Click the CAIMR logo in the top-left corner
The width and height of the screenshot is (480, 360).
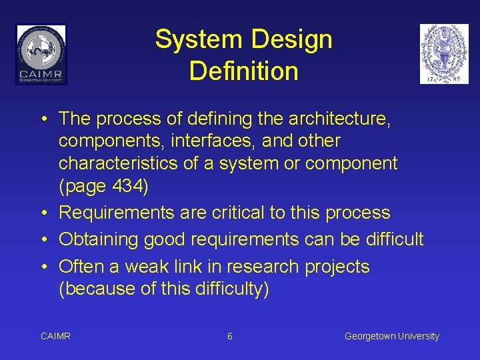[41, 54]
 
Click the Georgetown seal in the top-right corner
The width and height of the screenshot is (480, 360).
[444, 54]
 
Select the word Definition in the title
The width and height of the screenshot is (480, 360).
[243, 71]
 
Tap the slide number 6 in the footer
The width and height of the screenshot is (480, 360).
[230, 337]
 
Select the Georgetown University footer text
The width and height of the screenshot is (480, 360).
[391, 337]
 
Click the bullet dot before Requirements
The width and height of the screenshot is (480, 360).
[43, 213]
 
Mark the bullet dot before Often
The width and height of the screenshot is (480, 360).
[43, 267]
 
